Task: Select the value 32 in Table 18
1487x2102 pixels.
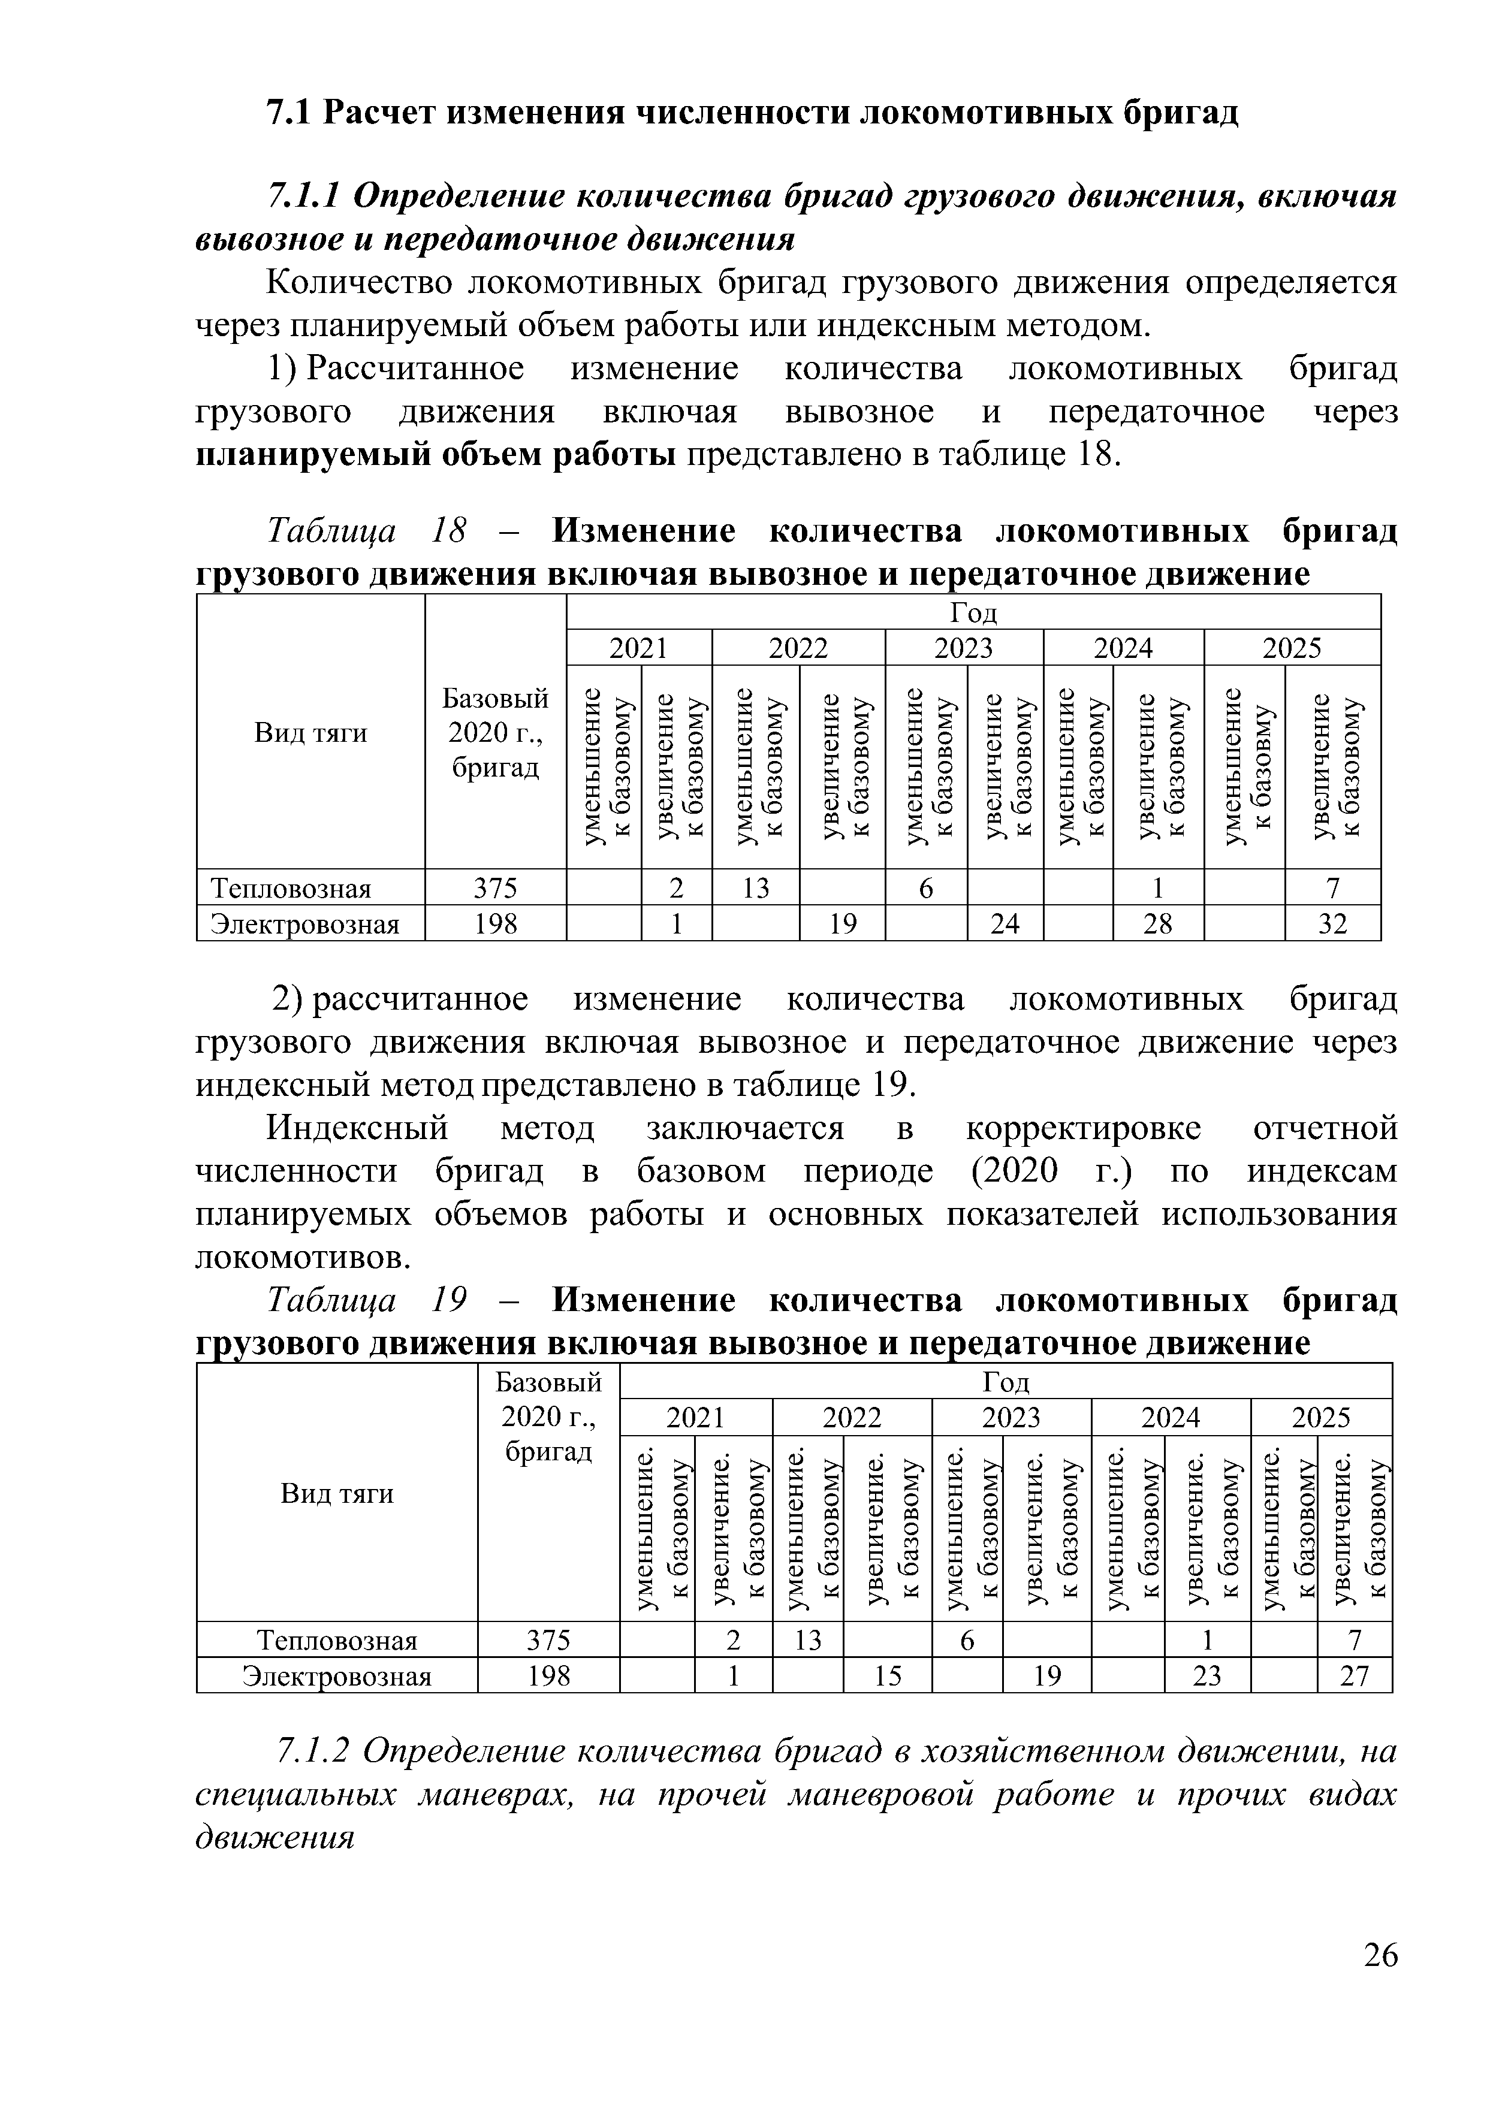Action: pyautogui.click(x=1332, y=924)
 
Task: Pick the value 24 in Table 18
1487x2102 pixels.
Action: pyautogui.click(x=1005, y=924)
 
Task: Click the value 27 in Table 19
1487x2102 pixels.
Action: pyautogui.click(x=1353, y=1675)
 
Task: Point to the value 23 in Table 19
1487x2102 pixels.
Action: pyautogui.click(x=1207, y=1675)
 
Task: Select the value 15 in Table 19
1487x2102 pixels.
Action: pyautogui.click(x=886, y=1675)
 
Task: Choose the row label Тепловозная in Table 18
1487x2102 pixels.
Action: pyautogui.click(x=291, y=888)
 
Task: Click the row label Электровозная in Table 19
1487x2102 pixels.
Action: pyautogui.click(x=336, y=1675)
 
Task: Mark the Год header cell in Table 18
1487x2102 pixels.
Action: pyautogui.click(x=973, y=612)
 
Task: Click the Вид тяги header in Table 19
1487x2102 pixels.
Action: pyautogui.click(x=336, y=1494)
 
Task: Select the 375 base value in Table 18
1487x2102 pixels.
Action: pyautogui.click(x=494, y=888)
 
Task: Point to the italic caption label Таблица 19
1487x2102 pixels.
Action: pyautogui.click(x=366, y=1300)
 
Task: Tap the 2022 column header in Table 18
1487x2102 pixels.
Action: pyautogui.click(x=798, y=648)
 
